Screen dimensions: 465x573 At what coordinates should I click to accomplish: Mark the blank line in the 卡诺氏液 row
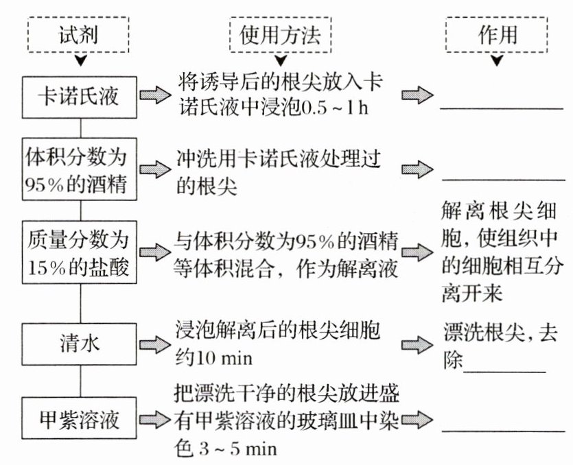point(501,107)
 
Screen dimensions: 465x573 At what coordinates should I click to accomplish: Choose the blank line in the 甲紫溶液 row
point(501,429)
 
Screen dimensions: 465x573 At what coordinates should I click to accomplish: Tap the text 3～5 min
point(233,449)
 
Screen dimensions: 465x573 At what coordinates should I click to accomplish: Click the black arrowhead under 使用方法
point(280,60)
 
